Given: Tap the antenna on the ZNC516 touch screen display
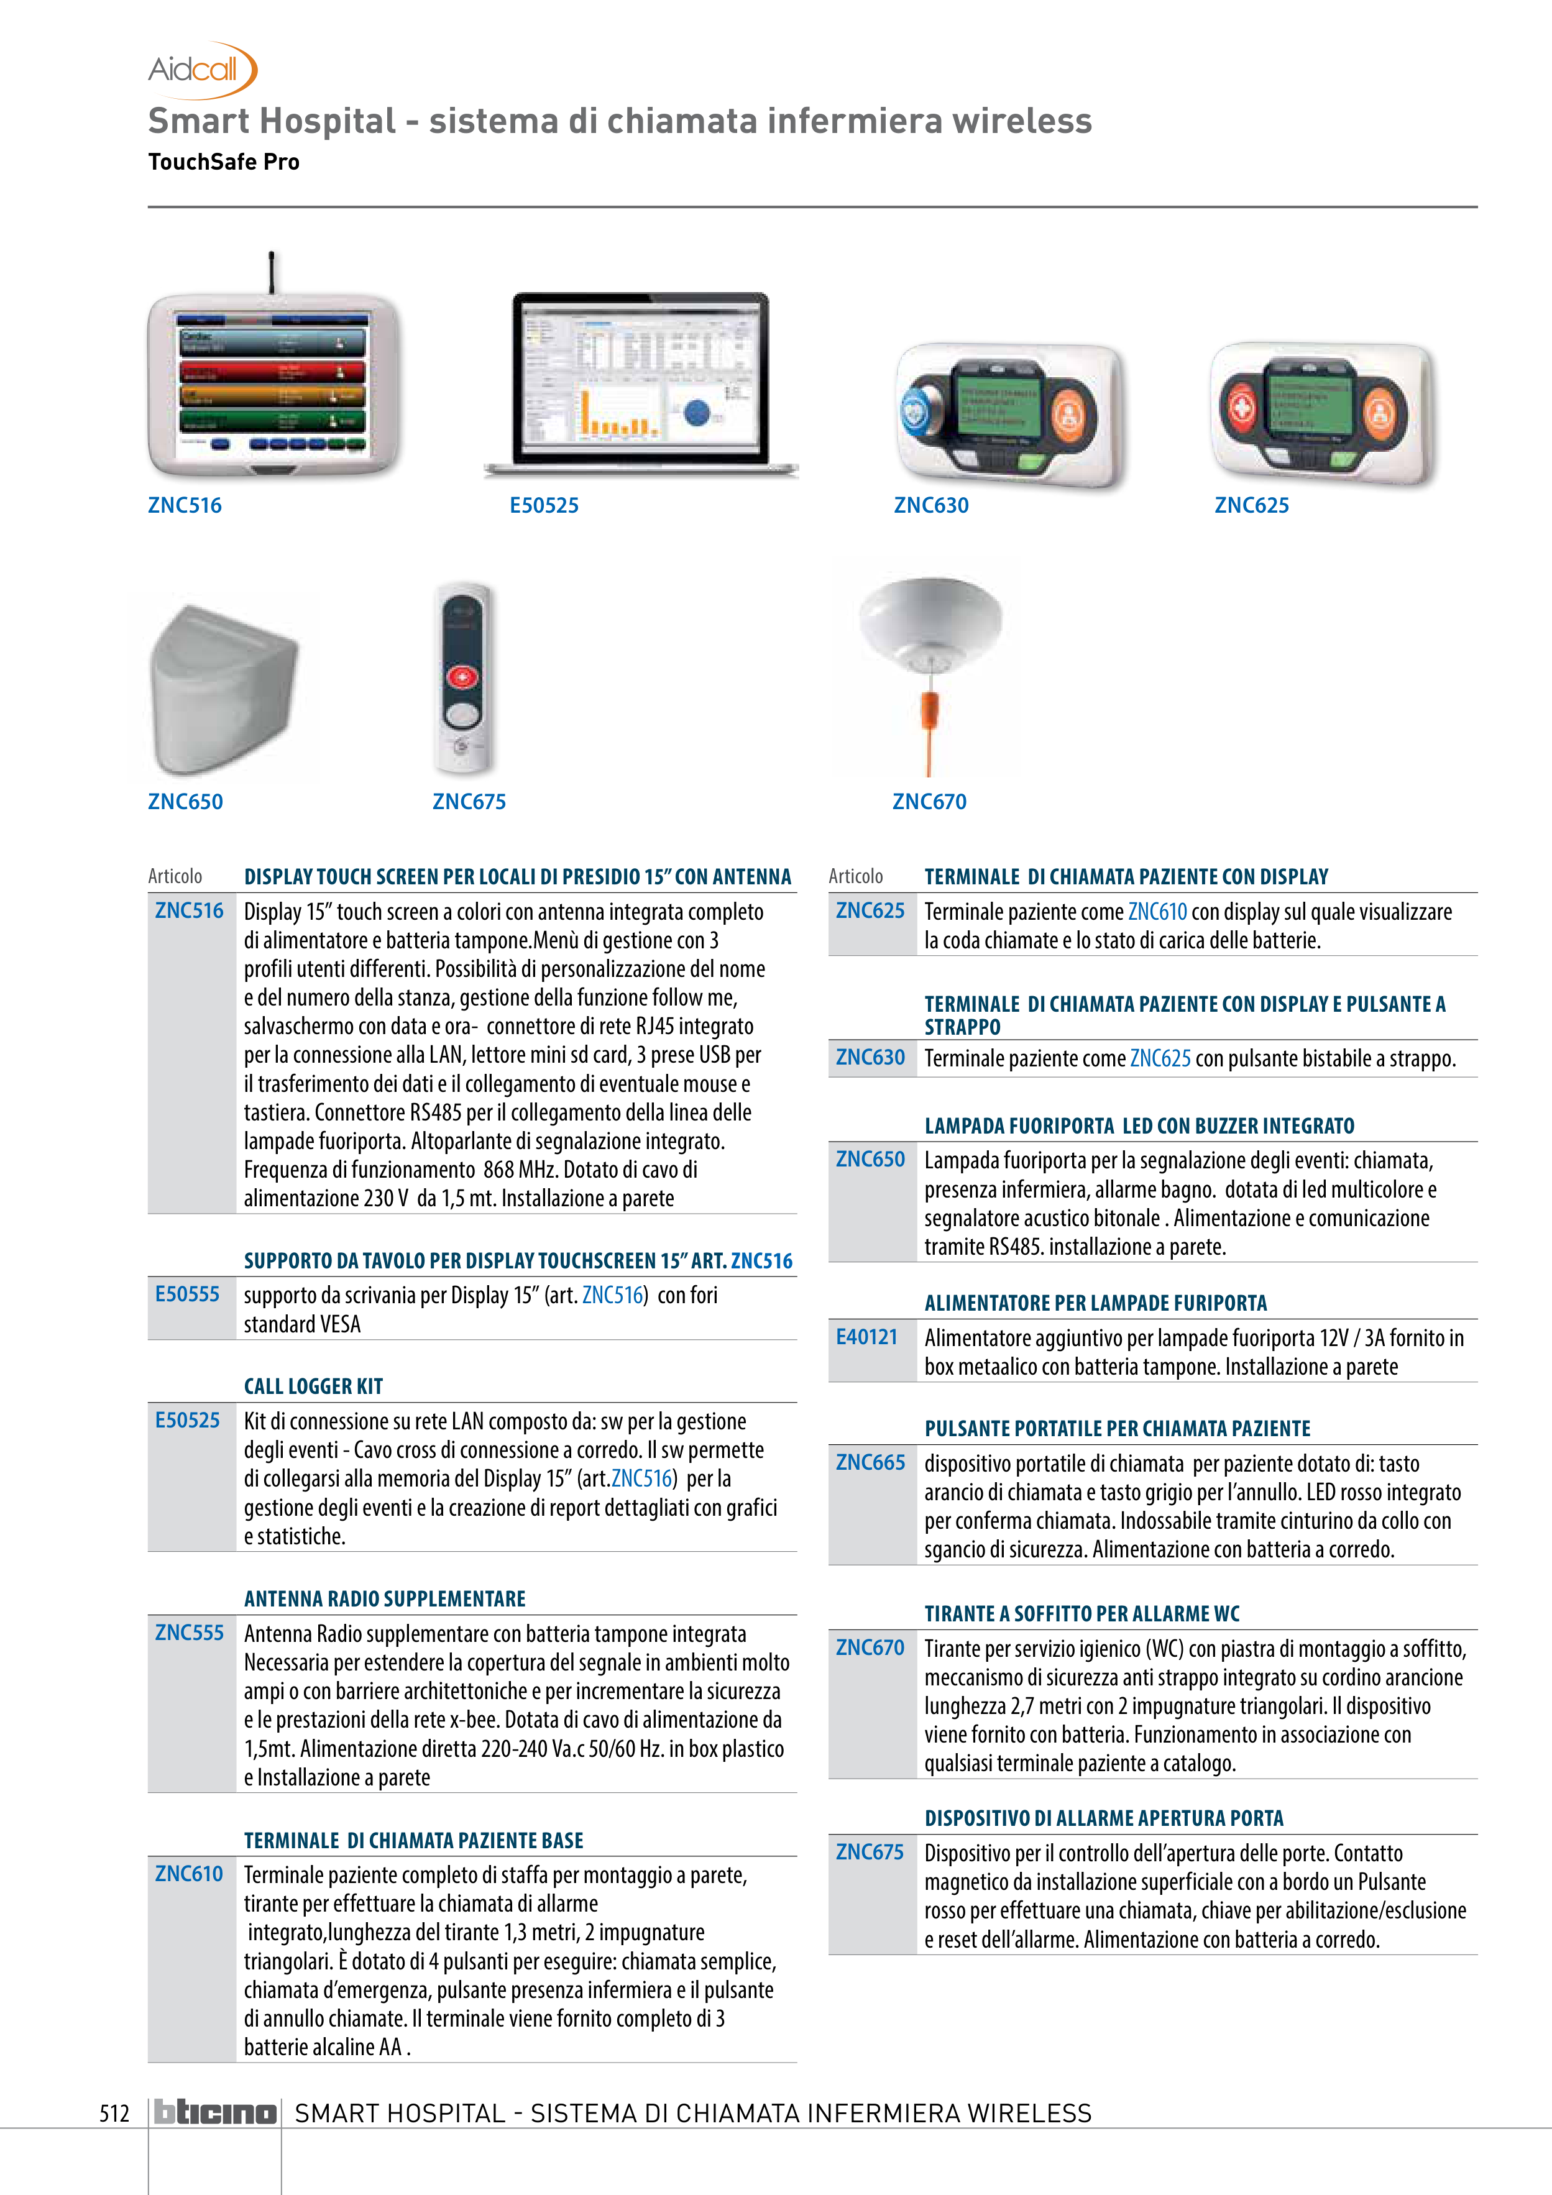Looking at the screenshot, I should point(272,272).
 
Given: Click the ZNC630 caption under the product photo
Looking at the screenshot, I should point(930,506).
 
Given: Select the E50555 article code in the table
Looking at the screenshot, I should point(188,1295).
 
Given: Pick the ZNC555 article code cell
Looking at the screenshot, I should point(190,1633).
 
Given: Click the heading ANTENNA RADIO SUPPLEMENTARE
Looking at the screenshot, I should point(384,1598).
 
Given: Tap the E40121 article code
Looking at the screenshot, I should point(866,1337).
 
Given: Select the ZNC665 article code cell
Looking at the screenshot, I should point(870,1463).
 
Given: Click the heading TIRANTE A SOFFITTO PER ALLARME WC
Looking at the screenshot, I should point(1081,1614).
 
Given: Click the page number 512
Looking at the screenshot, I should point(115,2113).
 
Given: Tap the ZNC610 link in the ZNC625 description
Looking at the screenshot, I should point(1157,912).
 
